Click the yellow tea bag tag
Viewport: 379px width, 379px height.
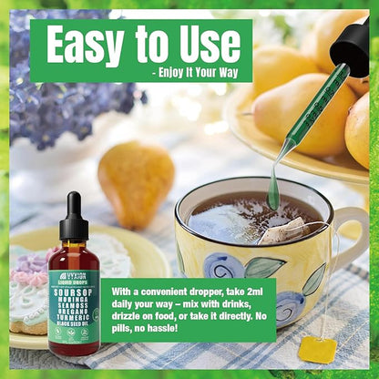point(318,349)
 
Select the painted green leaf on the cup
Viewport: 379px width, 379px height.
point(264,267)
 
